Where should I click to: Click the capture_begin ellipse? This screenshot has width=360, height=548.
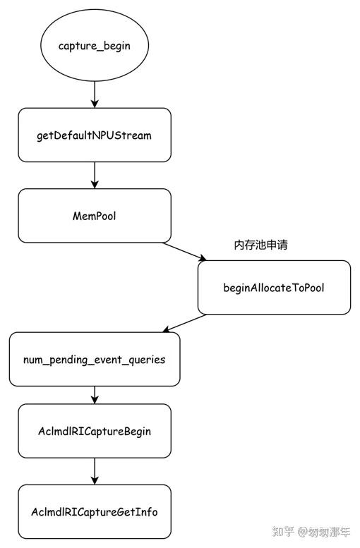click(x=94, y=45)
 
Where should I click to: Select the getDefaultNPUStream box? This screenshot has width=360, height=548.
click(x=94, y=135)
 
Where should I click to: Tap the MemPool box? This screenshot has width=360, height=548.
click(x=94, y=216)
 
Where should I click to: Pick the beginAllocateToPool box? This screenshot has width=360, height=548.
click(x=274, y=287)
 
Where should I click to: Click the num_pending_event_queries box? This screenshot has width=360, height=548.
click(x=94, y=359)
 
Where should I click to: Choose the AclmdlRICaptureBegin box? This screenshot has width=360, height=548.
click(x=94, y=430)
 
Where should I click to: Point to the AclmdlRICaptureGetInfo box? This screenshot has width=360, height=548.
click(x=94, y=511)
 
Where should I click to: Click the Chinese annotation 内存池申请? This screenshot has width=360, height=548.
click(x=260, y=245)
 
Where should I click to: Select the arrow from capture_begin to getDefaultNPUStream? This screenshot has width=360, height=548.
click(x=94, y=95)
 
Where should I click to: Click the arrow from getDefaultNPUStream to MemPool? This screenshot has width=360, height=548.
click(x=94, y=175)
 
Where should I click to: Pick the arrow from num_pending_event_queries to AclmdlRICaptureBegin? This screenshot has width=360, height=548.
click(x=94, y=395)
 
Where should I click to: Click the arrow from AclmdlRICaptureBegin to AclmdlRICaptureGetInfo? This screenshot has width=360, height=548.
click(x=94, y=470)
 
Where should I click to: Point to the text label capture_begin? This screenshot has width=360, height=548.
click(x=94, y=45)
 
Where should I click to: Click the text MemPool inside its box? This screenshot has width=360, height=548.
click(x=94, y=216)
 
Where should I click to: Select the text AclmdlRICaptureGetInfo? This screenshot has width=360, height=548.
click(x=94, y=511)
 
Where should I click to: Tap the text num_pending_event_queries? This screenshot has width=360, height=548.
click(x=94, y=359)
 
